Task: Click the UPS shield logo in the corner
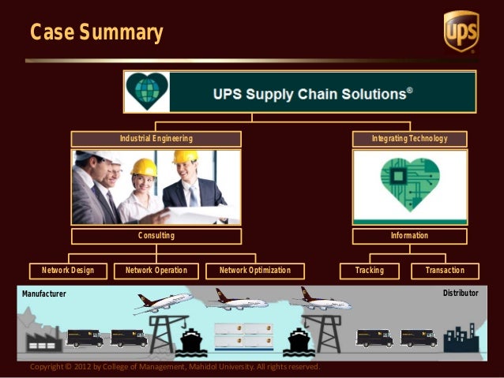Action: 461,32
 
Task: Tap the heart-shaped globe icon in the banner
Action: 150,92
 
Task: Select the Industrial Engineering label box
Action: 156,139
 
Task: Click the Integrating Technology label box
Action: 409,139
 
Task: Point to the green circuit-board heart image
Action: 409,187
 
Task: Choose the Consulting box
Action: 156,236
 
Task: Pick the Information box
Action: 409,236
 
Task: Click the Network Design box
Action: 68,271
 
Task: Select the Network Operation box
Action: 156,271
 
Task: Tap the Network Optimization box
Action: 254,271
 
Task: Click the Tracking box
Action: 370,271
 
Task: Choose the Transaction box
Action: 445,271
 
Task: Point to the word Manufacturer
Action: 44,294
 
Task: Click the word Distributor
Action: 461,294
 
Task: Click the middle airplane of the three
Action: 240,300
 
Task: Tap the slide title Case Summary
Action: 96,33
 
